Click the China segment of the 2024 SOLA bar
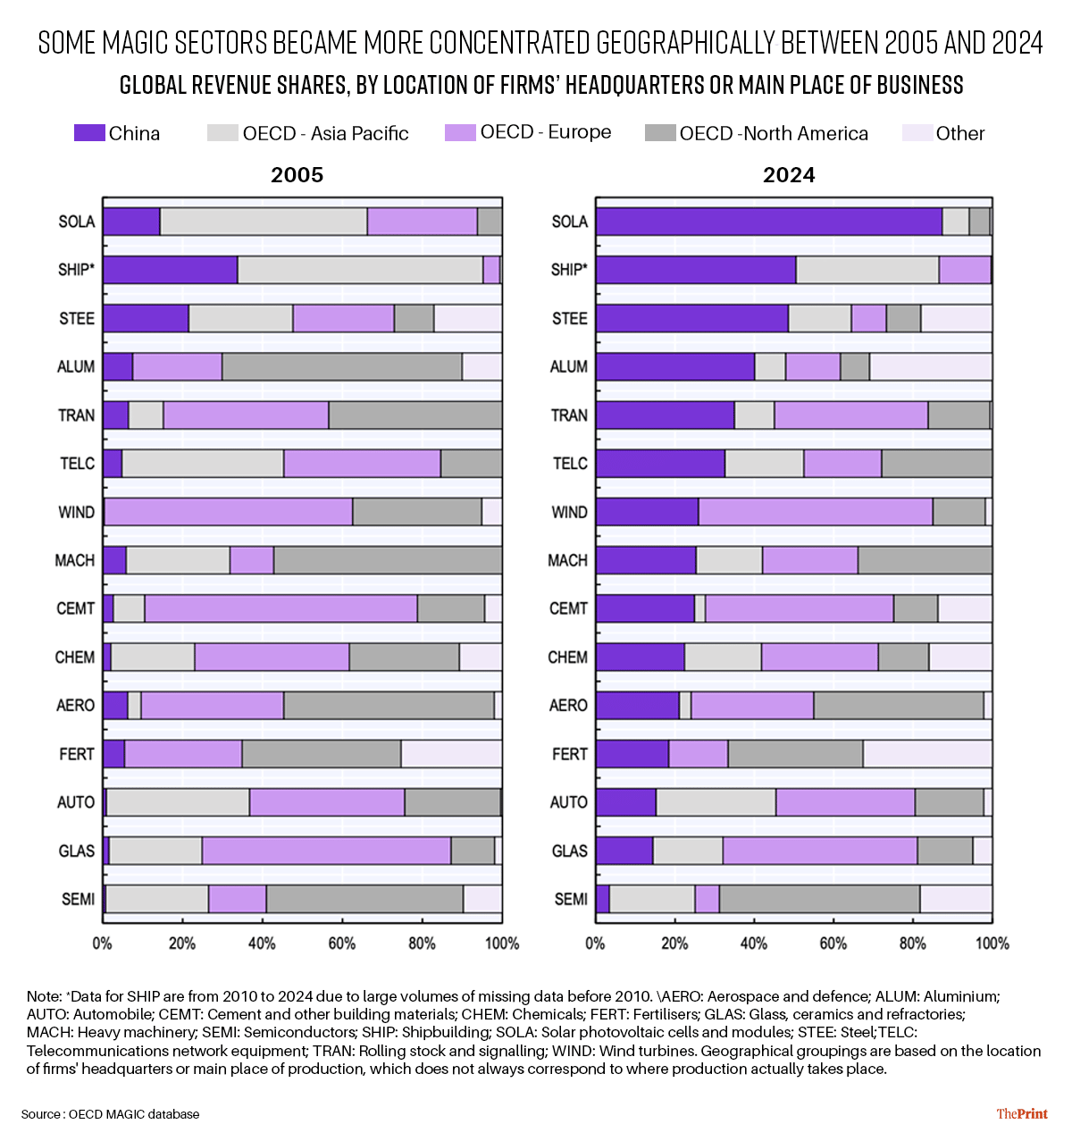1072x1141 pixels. [x=769, y=222]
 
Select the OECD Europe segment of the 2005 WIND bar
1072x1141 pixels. [x=229, y=511]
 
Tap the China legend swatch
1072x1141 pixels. [x=89, y=133]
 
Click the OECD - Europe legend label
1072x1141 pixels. [x=545, y=131]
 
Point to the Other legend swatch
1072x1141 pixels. [x=917, y=133]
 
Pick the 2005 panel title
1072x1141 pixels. [x=297, y=174]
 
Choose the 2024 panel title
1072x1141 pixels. [x=789, y=174]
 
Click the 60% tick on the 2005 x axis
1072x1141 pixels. [x=342, y=944]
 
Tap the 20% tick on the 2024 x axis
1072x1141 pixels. [x=674, y=944]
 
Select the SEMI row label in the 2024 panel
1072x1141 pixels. [x=571, y=899]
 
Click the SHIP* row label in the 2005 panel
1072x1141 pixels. [x=76, y=270]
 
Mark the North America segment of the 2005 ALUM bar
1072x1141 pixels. [x=342, y=366]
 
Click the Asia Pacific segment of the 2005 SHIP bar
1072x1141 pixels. [x=360, y=270]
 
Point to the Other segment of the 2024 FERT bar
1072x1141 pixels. [x=927, y=753]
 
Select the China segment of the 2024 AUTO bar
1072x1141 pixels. [x=626, y=802]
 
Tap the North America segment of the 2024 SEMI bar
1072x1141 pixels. [x=819, y=899]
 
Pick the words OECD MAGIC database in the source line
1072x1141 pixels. [x=134, y=1114]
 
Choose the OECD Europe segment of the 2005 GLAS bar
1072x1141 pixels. [x=326, y=851]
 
